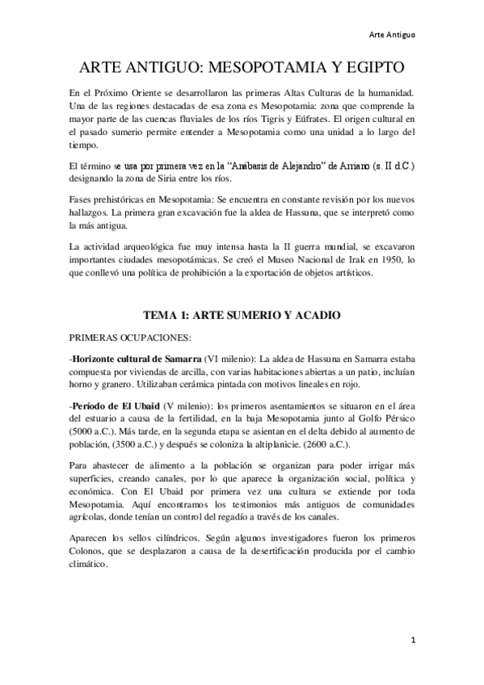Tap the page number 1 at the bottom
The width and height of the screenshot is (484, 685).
pos(412,640)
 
